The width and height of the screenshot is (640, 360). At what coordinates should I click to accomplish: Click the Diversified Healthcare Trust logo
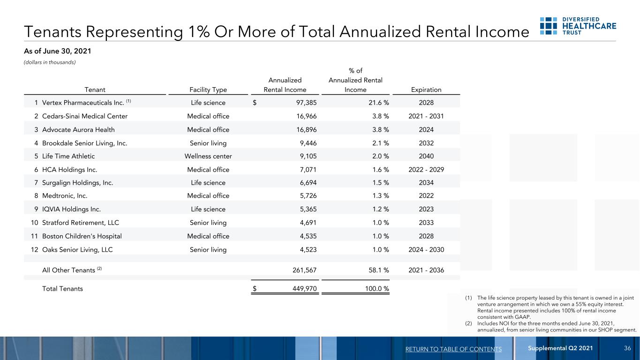click(x=578, y=26)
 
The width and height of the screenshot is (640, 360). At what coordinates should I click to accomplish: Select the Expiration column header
click(x=426, y=90)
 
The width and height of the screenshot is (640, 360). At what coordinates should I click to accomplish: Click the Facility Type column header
click(x=208, y=90)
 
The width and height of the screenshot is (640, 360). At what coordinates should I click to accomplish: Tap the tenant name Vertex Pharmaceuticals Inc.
click(x=83, y=103)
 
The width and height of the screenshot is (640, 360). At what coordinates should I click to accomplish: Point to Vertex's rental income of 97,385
click(x=306, y=103)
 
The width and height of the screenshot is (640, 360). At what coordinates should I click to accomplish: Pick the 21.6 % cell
click(x=378, y=103)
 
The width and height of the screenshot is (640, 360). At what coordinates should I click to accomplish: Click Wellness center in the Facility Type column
click(x=208, y=156)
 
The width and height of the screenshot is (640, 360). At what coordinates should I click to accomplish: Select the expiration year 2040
click(x=426, y=156)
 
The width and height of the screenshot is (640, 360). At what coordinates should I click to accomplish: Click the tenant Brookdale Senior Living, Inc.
click(x=84, y=143)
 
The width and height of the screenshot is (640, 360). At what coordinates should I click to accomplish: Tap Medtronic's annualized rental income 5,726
click(x=308, y=196)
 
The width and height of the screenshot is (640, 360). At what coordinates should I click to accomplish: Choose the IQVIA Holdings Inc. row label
click(x=71, y=209)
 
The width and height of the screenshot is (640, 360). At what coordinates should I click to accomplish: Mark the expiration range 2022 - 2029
click(x=426, y=169)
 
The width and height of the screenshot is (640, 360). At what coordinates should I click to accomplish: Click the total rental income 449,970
click(x=305, y=289)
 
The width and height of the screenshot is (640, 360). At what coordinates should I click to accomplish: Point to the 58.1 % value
click(x=378, y=270)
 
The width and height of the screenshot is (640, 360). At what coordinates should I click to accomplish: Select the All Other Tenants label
click(x=68, y=270)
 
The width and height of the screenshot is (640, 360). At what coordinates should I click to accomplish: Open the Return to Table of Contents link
click(x=453, y=349)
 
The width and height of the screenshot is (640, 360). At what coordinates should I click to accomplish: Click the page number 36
click(x=627, y=348)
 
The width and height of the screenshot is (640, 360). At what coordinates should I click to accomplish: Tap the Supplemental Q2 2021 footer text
click(x=560, y=348)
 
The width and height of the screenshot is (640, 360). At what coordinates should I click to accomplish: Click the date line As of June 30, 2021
click(x=57, y=51)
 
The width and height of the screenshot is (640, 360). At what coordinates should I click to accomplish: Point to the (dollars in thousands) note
click(x=50, y=62)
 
